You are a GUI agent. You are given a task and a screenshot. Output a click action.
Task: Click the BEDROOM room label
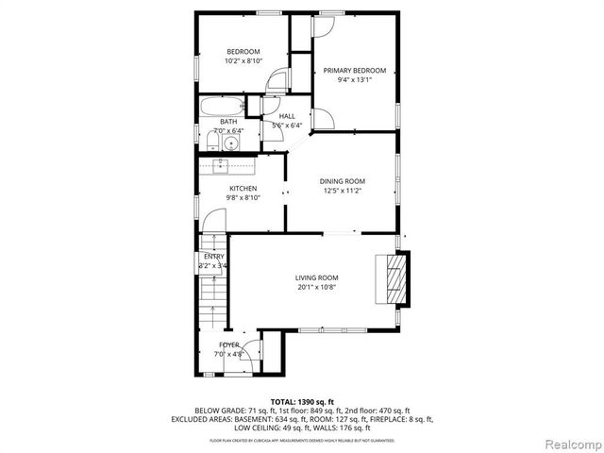coord(243,51)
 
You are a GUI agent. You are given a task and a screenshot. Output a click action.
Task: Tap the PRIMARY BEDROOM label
coord(355,71)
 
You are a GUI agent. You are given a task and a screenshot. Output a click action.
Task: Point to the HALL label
coord(287,116)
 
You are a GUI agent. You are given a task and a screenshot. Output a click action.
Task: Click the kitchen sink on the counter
coord(223,165)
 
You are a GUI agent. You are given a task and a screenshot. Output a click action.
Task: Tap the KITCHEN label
coord(243,189)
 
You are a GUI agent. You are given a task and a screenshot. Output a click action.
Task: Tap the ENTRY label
coord(213,257)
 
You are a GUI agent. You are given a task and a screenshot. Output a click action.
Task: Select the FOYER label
coord(229,345)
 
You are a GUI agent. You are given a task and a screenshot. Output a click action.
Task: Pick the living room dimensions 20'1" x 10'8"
coord(316,287)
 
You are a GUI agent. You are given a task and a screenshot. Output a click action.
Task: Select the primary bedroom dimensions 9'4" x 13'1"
coord(355,80)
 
